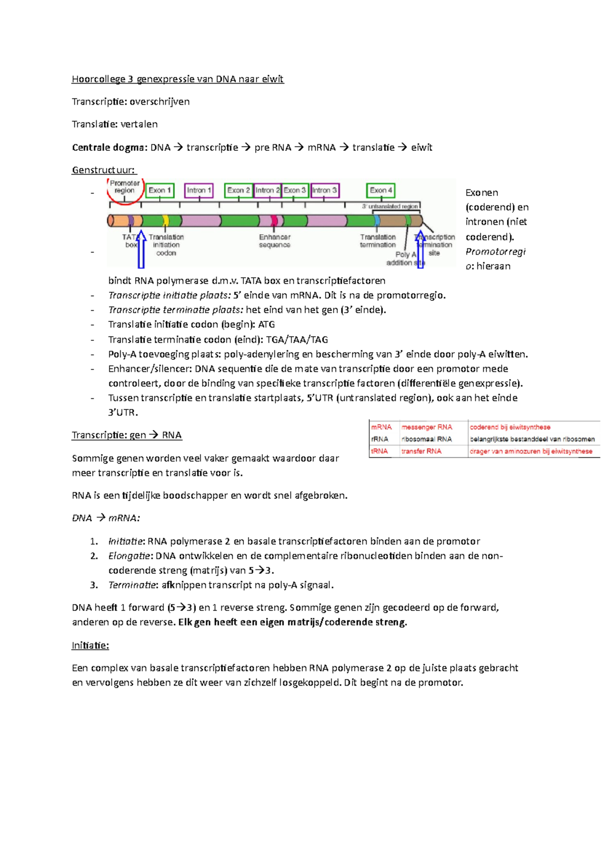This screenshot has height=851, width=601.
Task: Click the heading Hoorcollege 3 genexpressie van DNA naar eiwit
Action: [177, 79]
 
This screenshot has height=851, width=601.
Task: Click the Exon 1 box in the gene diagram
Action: [160, 190]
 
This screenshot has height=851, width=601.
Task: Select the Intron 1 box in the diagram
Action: [199, 190]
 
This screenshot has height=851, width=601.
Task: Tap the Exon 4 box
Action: [381, 190]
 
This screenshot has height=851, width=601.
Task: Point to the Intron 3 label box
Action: [325, 190]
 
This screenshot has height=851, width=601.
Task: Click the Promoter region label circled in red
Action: [125, 187]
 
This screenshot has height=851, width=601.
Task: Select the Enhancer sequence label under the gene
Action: [274, 241]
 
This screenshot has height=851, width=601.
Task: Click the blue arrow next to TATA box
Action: [141, 249]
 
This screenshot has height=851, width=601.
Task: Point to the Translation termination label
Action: [378, 241]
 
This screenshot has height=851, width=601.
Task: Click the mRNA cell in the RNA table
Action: [381, 427]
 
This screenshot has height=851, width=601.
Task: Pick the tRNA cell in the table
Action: [380, 451]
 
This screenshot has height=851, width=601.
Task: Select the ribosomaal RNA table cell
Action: [427, 439]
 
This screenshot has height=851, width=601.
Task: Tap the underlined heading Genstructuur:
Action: [104, 170]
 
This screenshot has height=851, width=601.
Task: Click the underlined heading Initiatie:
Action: [90, 646]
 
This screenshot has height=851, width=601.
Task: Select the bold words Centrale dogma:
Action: [110, 147]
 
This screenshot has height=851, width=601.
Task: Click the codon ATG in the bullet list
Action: [266, 325]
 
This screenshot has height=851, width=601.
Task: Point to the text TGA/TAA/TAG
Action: [297, 340]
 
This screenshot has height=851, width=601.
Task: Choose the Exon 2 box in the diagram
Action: [238, 190]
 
